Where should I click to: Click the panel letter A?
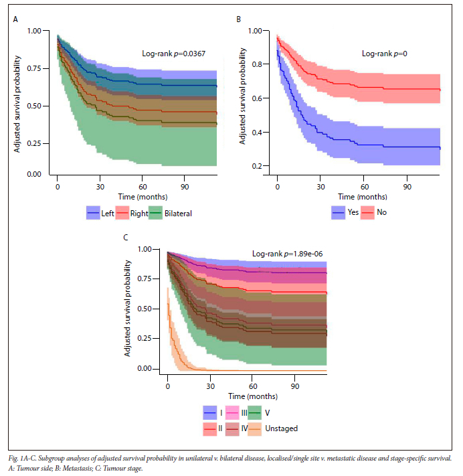point(15,20)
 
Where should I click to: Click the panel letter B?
point(238,20)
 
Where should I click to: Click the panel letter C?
point(126,238)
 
